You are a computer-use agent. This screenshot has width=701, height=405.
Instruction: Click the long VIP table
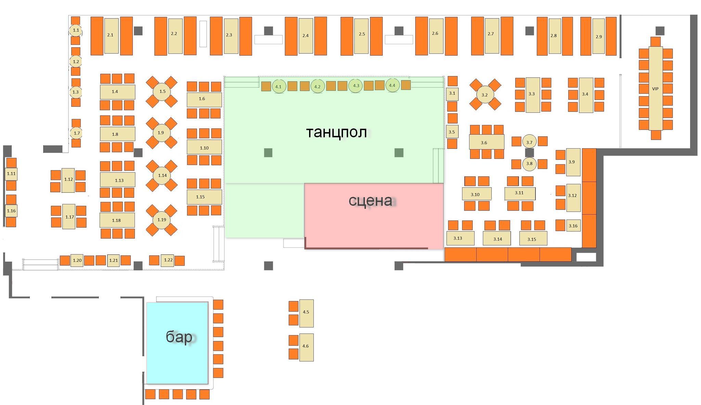click(x=655, y=88)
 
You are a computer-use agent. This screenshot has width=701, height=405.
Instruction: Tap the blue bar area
click(x=177, y=343)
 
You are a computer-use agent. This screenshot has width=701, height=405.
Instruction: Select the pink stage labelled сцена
click(x=374, y=216)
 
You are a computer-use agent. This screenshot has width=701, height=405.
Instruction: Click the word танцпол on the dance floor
click(x=336, y=132)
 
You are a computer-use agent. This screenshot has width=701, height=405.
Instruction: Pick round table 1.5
click(x=162, y=91)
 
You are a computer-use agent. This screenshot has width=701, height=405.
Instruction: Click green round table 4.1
click(x=278, y=86)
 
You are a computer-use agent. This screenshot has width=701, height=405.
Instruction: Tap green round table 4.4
click(x=392, y=85)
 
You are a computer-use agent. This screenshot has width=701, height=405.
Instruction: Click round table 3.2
click(x=485, y=95)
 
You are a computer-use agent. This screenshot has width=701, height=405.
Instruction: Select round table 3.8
click(x=530, y=164)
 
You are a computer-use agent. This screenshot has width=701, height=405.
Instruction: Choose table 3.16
click(x=573, y=226)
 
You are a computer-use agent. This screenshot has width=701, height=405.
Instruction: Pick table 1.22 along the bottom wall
click(x=168, y=260)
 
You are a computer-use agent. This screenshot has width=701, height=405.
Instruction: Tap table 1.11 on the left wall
click(x=11, y=174)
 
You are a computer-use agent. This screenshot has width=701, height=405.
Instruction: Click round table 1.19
click(x=162, y=220)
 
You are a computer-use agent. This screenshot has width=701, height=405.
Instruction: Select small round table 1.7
click(x=76, y=133)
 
